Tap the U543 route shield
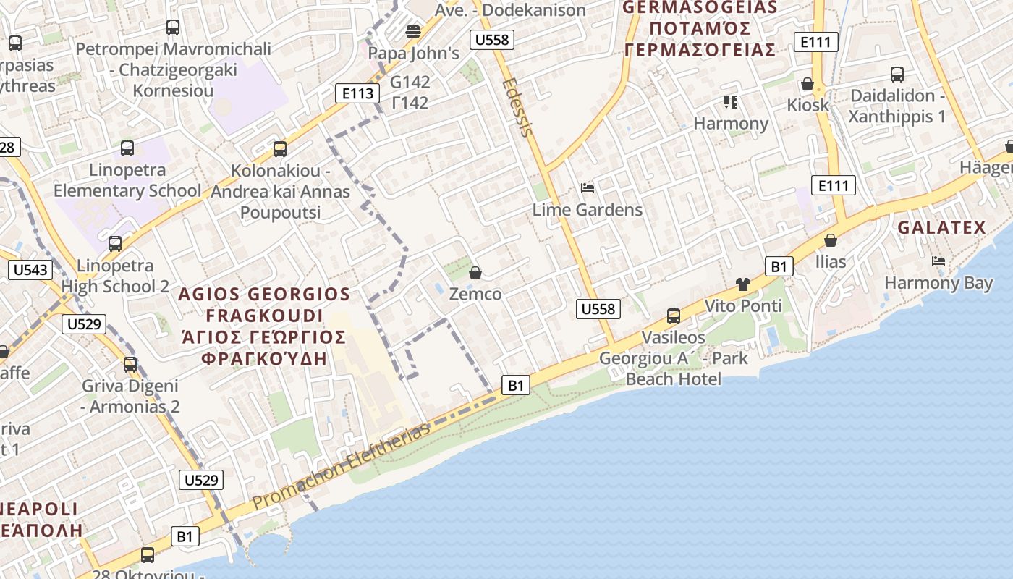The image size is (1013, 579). (30, 271)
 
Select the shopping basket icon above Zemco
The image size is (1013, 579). (475, 273)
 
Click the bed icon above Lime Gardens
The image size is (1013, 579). (588, 189)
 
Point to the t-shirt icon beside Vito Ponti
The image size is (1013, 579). (743, 284)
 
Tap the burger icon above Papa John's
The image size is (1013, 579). (413, 31)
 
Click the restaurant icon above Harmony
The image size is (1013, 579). (730, 102)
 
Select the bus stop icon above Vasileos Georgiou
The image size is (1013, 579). (674, 316)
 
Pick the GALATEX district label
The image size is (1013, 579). (941, 228)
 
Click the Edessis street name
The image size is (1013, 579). (518, 106)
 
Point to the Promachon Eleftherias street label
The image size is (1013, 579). (341, 466)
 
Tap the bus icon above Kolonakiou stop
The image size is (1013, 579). (280, 149)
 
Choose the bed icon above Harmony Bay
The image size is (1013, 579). (938, 261)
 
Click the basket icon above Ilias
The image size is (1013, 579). (831, 240)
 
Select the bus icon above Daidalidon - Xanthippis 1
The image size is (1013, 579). (897, 75)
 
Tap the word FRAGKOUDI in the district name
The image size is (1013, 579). (264, 316)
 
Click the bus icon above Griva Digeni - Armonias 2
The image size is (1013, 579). (130, 364)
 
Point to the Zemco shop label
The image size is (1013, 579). (475, 294)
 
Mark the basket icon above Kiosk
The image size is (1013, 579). (808, 84)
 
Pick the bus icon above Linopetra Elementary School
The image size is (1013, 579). (127, 148)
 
